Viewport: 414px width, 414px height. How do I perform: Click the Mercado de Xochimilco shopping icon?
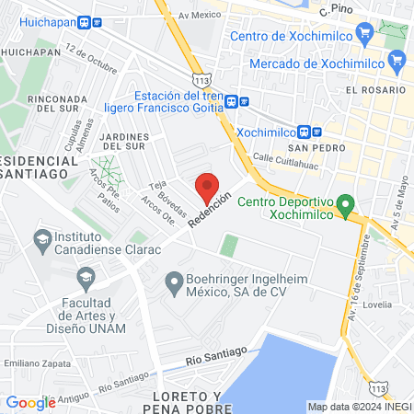click(397, 63)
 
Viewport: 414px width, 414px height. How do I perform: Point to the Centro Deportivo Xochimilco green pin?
click(346, 205)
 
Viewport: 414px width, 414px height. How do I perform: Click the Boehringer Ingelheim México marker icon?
click(172, 282)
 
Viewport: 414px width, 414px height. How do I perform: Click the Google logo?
click(30, 402)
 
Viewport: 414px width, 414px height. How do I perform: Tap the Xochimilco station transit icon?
click(315, 132)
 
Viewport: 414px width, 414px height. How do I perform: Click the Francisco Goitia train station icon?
click(233, 101)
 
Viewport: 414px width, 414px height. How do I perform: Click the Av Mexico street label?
click(201, 16)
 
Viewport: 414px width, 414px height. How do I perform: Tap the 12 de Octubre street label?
click(93, 57)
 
